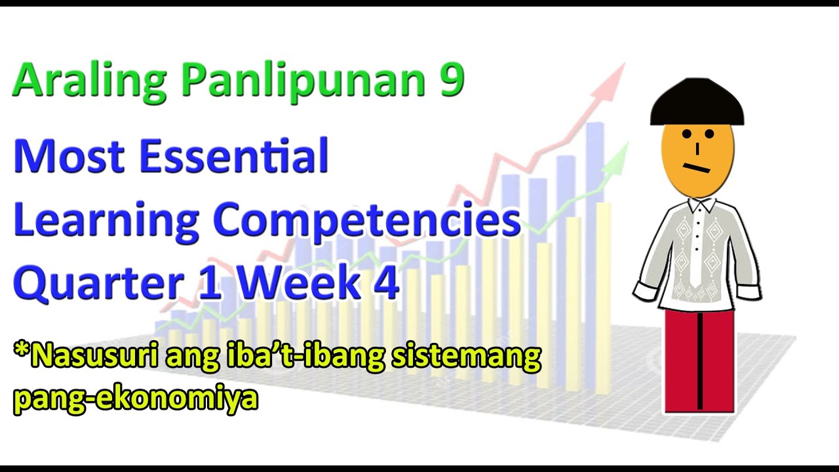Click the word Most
click(x=69, y=156)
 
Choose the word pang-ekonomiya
click(x=135, y=397)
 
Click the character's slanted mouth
click(x=697, y=168)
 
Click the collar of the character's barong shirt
click(x=698, y=207)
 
